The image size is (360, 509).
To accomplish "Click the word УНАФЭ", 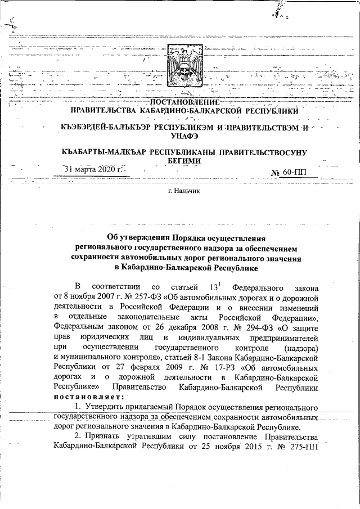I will click(x=181, y=136).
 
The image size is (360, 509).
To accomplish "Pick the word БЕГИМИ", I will click(x=181, y=161).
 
